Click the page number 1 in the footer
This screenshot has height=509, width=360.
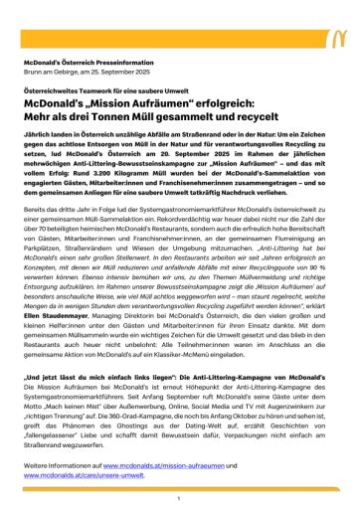coord(179,497)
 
